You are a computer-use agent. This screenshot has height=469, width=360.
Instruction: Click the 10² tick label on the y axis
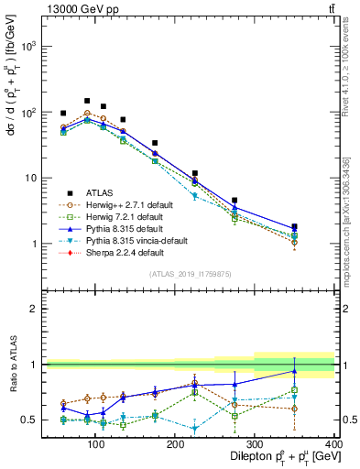point(29,112)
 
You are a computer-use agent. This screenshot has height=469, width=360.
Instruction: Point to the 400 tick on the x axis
point(334,444)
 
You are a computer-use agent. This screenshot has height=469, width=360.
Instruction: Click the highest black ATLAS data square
point(87,101)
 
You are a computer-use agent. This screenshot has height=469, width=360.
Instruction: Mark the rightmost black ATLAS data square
point(320,226)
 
